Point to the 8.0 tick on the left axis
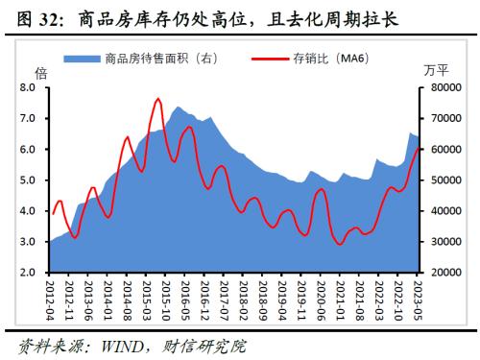(x=27, y=88)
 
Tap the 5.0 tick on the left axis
(x=27, y=180)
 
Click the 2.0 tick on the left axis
(x=27, y=273)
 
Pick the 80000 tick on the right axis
(x=445, y=88)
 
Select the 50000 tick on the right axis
(x=445, y=180)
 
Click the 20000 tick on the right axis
(x=445, y=273)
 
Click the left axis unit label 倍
(x=40, y=73)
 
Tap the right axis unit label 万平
(x=435, y=73)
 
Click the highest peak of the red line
(x=157, y=99)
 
